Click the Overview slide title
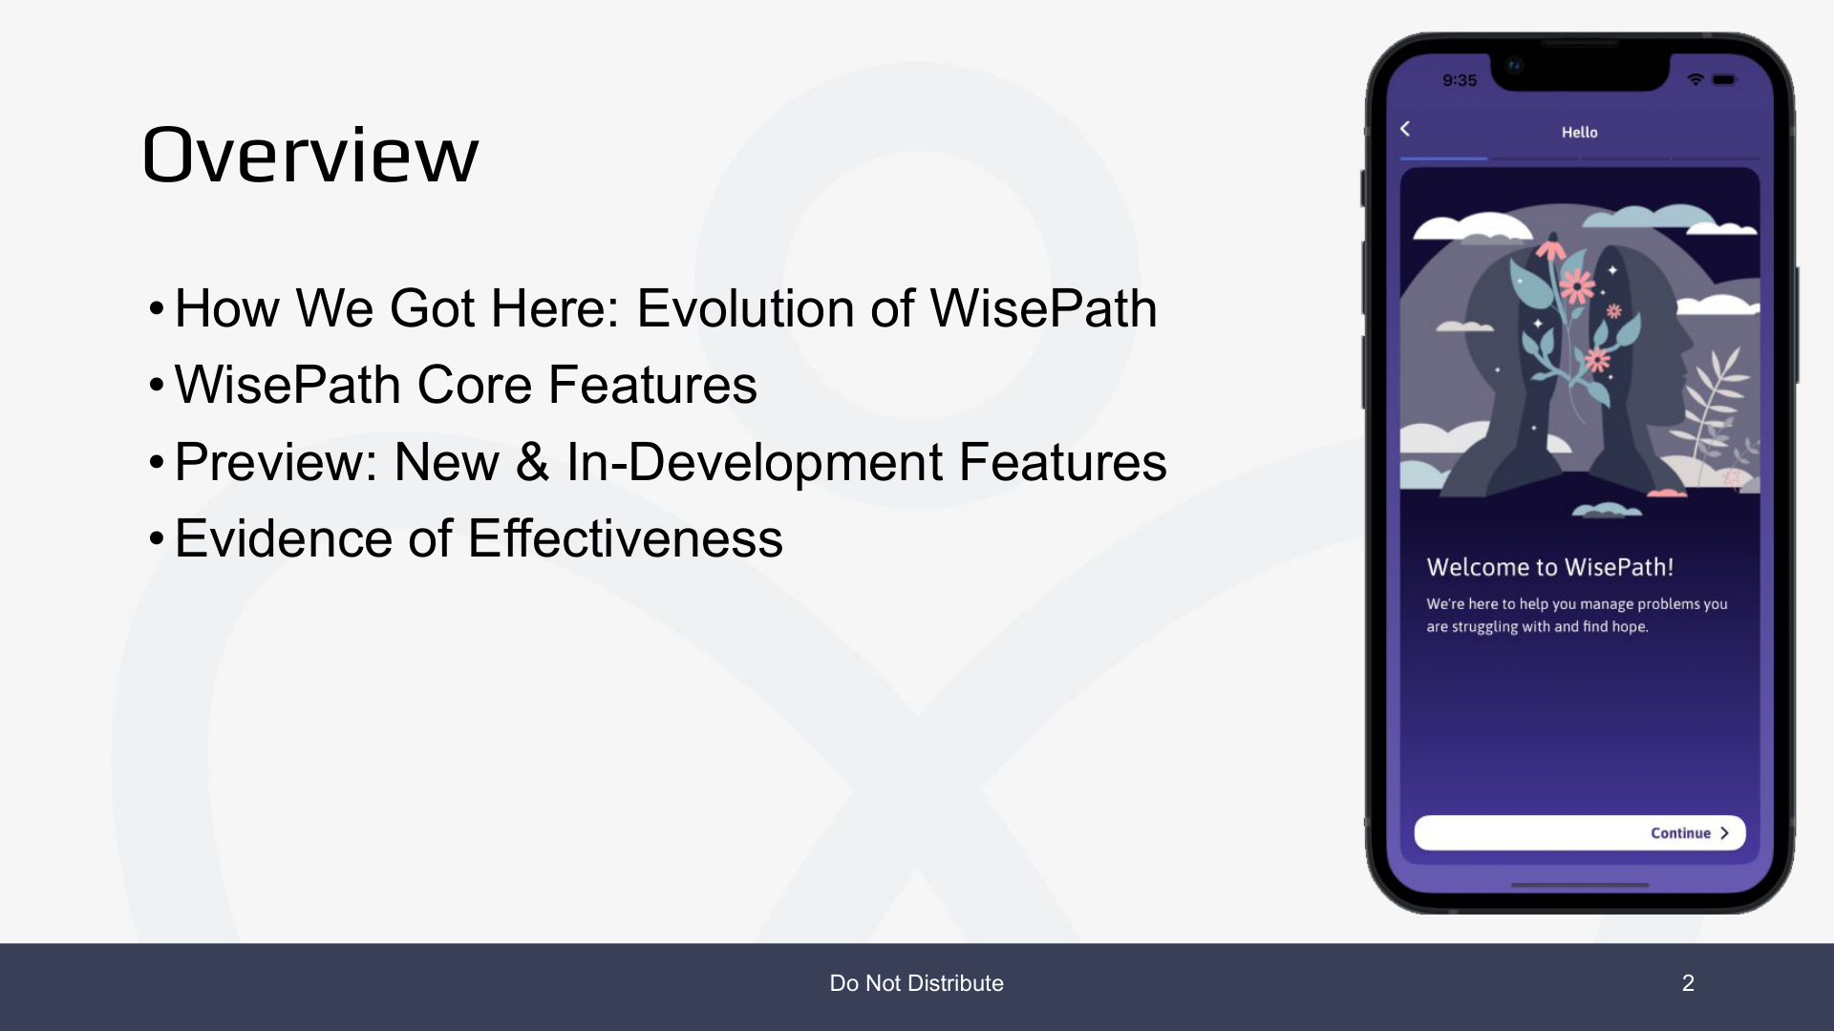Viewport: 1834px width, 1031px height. [309, 155]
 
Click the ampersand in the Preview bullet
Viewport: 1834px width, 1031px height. [532, 462]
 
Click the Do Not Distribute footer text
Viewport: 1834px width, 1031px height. [917, 983]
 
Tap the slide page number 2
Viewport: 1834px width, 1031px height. [1688, 983]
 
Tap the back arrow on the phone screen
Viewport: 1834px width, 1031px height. [1405, 129]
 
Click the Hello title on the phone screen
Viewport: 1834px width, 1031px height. [1579, 133]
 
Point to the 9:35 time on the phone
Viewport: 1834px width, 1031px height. [1460, 80]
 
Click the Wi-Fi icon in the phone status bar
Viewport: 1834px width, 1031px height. [1695, 79]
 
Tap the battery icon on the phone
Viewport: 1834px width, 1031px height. [1724, 79]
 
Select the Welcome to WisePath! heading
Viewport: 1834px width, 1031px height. [1549, 567]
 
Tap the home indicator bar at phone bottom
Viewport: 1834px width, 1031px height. [1580, 885]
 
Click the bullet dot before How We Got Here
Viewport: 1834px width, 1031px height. [157, 309]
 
